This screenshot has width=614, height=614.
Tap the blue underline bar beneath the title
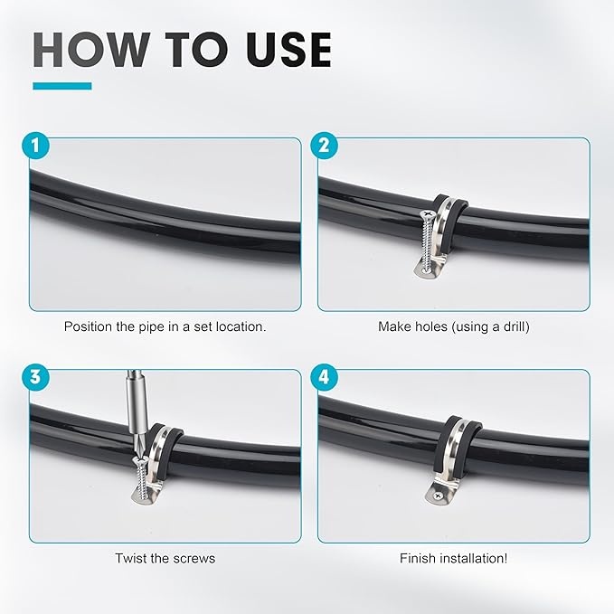[x=61, y=86]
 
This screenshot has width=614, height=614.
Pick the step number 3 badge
[x=34, y=379]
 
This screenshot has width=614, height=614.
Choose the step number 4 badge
[x=323, y=379]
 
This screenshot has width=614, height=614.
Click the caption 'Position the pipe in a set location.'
[x=165, y=326]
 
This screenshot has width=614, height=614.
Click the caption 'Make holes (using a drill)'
[x=453, y=326]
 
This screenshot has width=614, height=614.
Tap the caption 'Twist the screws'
[x=165, y=558]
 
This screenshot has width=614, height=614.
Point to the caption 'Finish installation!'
[x=453, y=558]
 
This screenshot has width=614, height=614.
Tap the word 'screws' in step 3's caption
[x=195, y=558]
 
